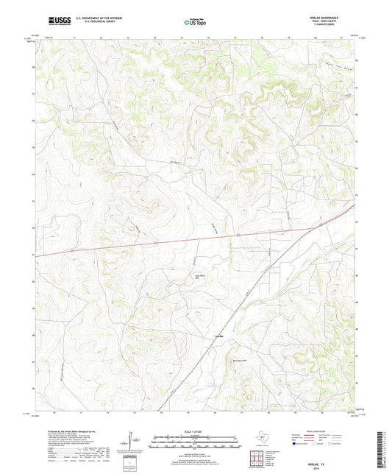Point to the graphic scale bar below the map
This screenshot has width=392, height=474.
196,442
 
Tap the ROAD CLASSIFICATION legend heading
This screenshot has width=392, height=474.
323,431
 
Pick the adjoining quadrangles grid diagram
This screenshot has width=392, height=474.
258,458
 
